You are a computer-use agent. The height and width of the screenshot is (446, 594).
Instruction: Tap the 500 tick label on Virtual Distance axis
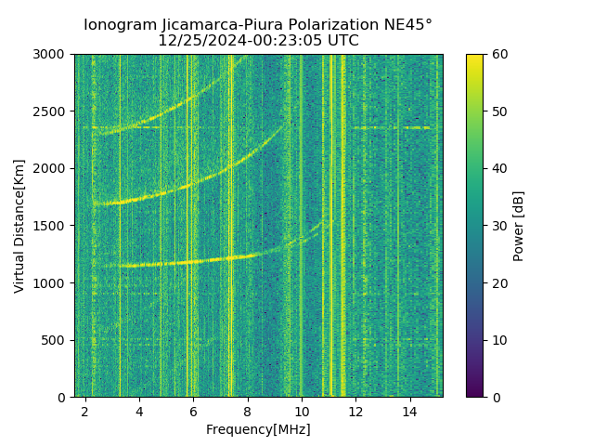(57, 340)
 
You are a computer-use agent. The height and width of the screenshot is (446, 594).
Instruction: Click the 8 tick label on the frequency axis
(247, 411)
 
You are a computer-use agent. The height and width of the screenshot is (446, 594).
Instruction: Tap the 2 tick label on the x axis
(85, 411)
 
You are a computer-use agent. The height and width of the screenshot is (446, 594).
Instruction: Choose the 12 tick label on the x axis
(355, 411)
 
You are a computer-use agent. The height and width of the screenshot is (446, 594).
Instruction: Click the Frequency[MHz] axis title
(258, 429)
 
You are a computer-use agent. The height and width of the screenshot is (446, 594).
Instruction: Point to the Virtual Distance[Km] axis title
(19, 226)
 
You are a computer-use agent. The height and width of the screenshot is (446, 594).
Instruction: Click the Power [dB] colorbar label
(519, 226)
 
